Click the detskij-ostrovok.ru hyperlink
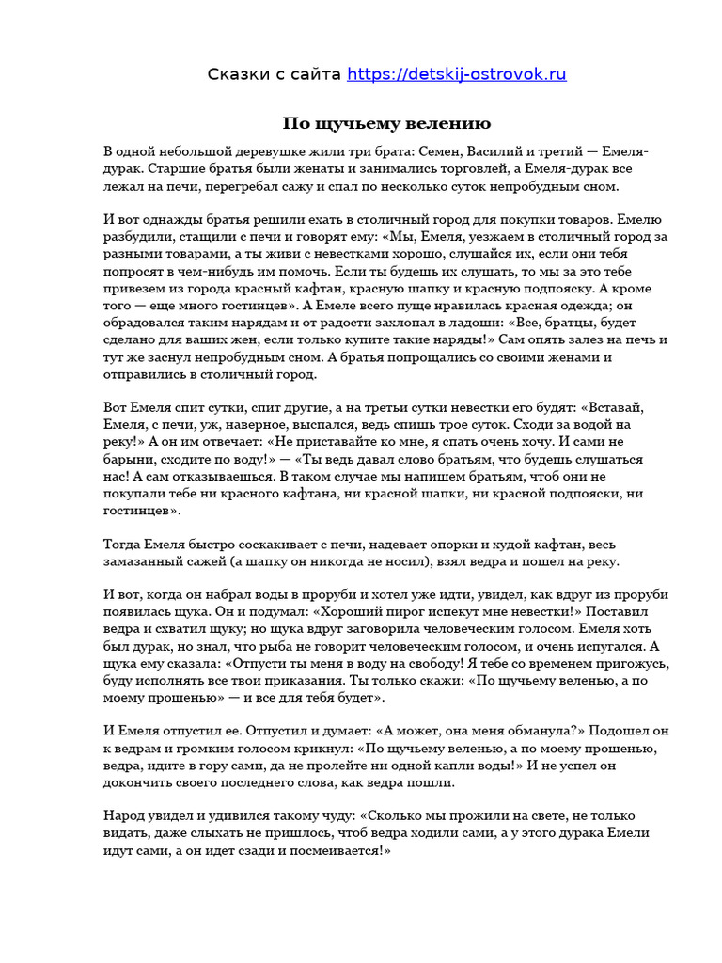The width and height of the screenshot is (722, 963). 457,74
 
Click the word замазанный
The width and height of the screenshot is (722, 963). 149,560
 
